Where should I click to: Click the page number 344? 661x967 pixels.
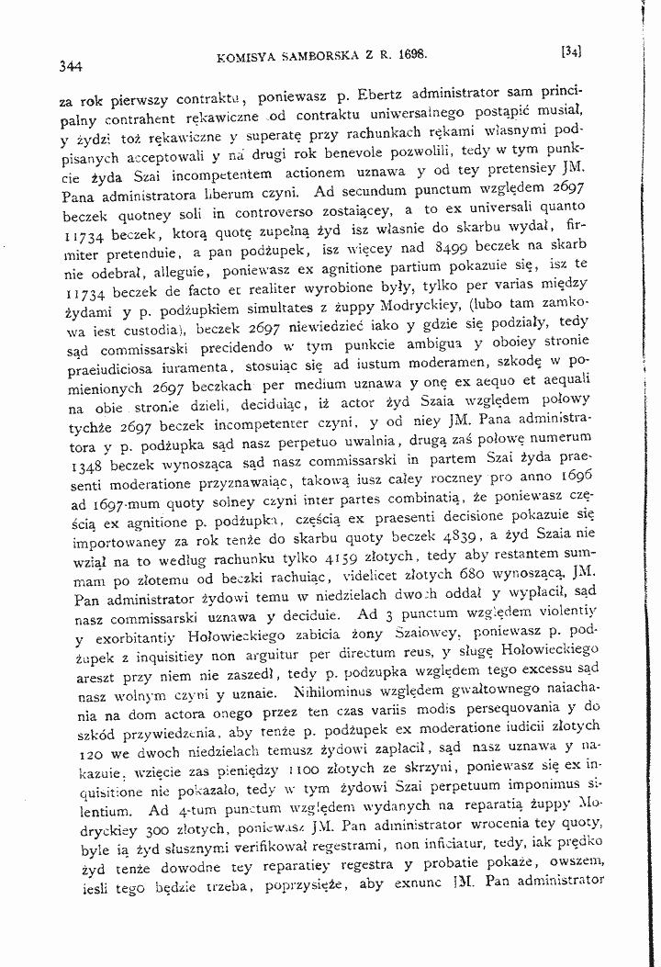(71, 65)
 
